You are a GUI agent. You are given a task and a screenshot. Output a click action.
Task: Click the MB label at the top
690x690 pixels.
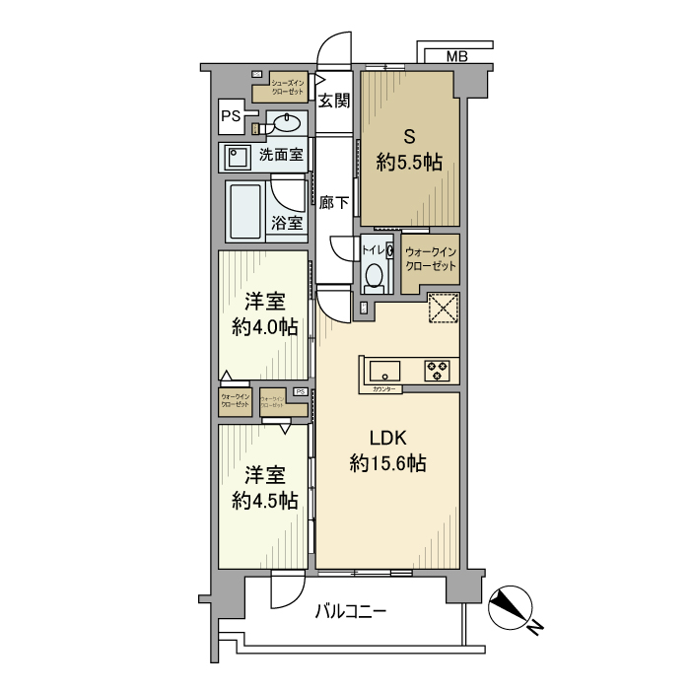[457, 56]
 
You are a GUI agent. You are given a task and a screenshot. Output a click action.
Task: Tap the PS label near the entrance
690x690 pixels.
[231, 116]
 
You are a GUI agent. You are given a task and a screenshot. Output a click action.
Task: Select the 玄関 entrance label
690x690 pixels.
[335, 99]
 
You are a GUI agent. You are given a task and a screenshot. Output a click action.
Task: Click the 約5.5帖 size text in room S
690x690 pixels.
[409, 163]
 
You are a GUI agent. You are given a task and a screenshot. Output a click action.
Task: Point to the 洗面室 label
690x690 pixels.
[282, 155]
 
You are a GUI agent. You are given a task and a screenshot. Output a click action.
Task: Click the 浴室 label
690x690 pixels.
[287, 223]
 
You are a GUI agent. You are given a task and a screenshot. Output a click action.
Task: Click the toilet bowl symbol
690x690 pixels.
[375, 278]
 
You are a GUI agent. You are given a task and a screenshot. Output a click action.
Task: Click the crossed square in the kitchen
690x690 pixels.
[444, 309]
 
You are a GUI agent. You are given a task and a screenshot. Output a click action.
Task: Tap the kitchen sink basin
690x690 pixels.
[384, 371]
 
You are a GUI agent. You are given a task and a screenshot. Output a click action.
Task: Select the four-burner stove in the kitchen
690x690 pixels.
[437, 371]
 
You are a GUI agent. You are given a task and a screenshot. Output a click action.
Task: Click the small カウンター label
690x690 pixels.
[385, 390]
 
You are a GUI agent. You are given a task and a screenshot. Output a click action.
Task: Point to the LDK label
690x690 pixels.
[388, 438]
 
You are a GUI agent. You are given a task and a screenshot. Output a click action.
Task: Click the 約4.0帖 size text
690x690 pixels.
[265, 327]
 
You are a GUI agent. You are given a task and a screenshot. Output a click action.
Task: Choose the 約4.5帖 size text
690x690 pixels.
[265, 500]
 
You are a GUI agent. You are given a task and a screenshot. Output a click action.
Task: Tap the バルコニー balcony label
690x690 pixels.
[351, 611]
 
